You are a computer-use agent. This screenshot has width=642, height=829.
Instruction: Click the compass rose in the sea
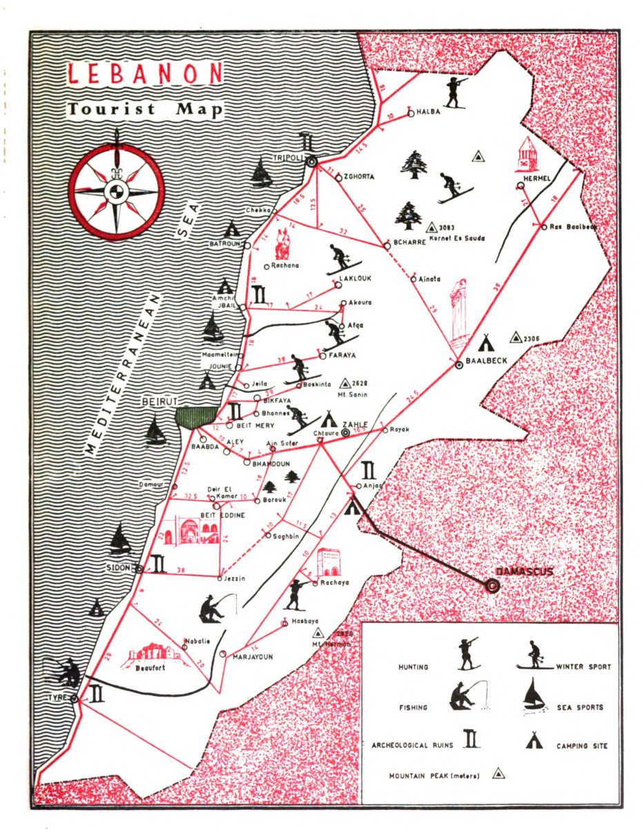(x=117, y=189)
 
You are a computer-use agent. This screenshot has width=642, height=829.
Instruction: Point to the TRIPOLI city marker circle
(x=311, y=161)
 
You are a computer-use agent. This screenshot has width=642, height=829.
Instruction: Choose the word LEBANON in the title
(x=145, y=74)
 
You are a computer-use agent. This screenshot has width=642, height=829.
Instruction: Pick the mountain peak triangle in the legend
(x=498, y=774)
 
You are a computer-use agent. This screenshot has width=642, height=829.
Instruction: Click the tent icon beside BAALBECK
(x=487, y=342)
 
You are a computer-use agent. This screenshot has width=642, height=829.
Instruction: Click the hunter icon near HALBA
(x=455, y=92)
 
